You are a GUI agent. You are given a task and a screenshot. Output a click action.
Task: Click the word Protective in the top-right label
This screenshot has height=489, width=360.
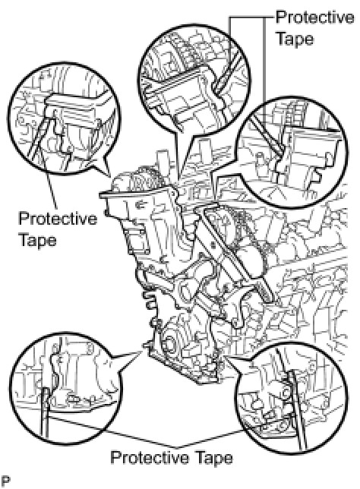coord(314,17)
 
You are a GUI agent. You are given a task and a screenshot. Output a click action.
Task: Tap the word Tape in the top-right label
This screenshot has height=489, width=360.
coord(295,39)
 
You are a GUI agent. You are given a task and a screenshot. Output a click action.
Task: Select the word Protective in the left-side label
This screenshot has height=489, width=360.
coord(58,219)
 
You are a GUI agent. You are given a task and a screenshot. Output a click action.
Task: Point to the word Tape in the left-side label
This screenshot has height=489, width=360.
coord(38,240)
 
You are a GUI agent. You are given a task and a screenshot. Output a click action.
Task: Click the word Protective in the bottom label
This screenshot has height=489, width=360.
coord(150,458)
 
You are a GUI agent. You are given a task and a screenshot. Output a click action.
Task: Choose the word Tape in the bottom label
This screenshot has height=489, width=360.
coord(215,458)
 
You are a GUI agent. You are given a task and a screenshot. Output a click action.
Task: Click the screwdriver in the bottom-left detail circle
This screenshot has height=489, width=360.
coord(45,412)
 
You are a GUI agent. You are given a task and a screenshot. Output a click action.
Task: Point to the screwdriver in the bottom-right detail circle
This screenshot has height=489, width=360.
coord(296,409)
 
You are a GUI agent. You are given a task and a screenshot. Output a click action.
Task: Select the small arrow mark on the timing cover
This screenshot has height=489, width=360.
coord(141,204)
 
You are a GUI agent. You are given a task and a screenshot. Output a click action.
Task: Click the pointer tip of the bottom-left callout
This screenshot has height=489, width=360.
coord(141,350)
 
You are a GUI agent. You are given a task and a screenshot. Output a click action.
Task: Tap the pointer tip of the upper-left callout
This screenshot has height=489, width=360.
coord(110,176)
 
